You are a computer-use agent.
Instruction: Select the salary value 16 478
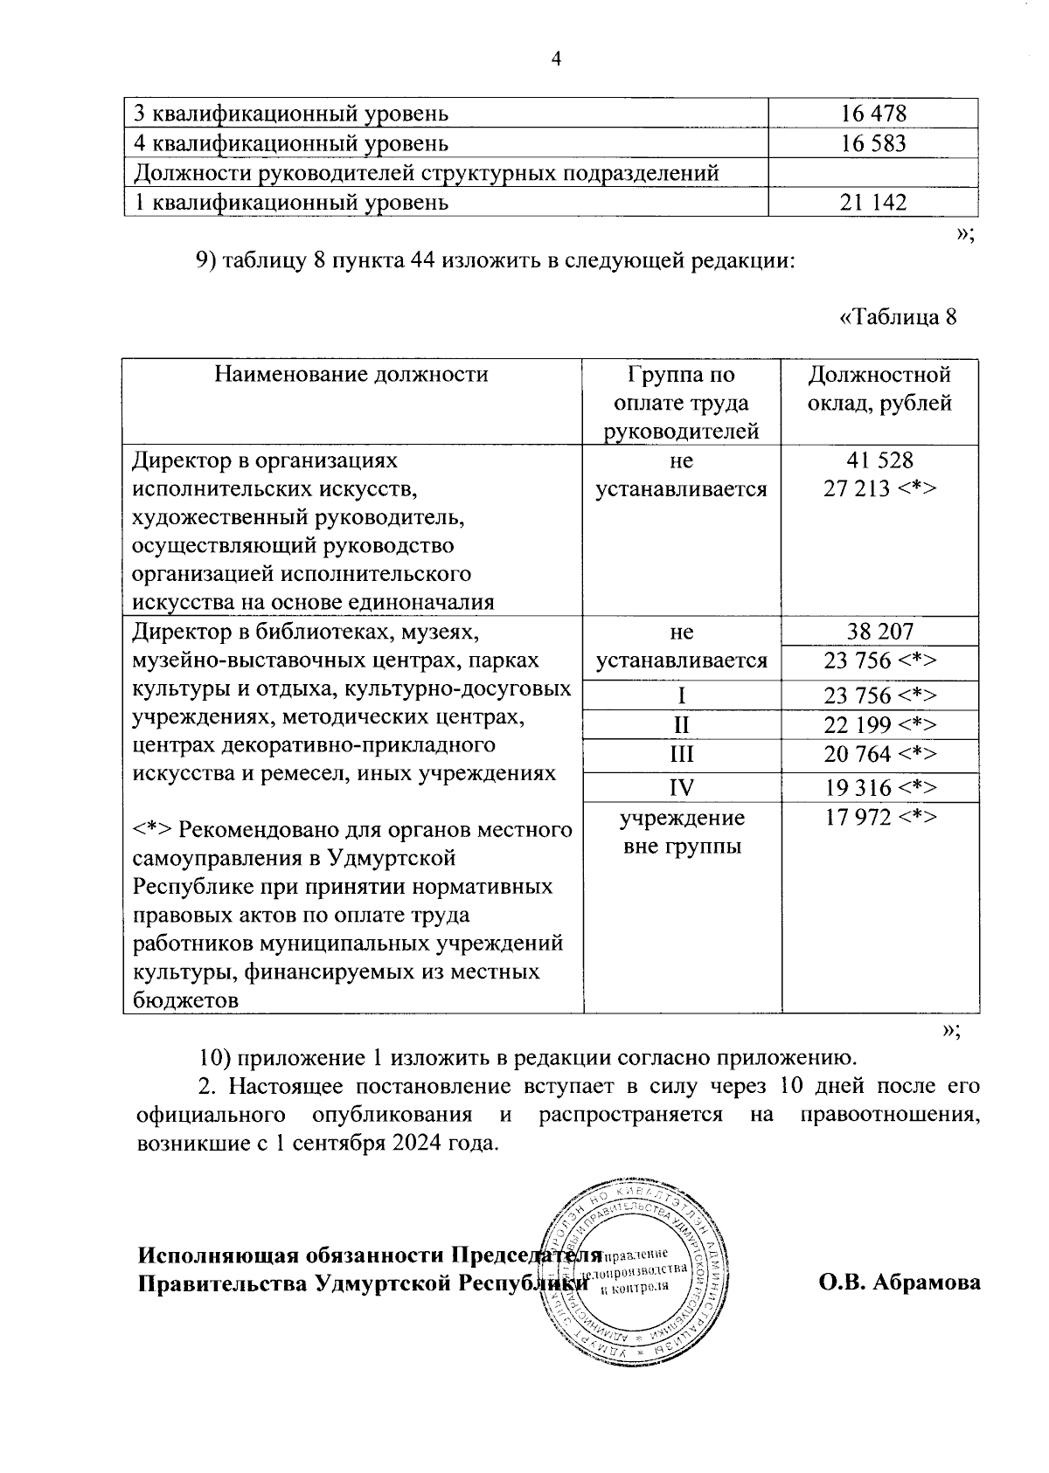click(873, 114)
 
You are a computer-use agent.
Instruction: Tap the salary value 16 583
click(873, 143)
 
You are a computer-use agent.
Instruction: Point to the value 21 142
click(873, 203)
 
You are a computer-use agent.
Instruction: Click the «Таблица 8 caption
click(898, 316)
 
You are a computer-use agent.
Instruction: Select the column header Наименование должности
click(351, 376)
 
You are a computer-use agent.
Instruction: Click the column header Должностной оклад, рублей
click(879, 390)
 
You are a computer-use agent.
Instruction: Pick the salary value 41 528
click(879, 460)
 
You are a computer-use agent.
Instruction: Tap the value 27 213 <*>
click(879, 488)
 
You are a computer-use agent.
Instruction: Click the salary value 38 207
click(879, 632)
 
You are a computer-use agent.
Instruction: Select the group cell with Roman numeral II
click(681, 725)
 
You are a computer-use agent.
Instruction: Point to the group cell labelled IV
click(681, 788)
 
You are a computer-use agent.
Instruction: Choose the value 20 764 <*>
click(879, 755)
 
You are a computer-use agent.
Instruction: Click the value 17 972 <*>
click(879, 818)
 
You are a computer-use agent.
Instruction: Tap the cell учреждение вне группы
click(682, 832)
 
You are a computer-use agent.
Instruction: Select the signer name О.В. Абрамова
click(900, 1283)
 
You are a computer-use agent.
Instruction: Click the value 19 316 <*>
click(879, 788)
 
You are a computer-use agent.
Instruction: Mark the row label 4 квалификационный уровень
click(291, 143)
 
